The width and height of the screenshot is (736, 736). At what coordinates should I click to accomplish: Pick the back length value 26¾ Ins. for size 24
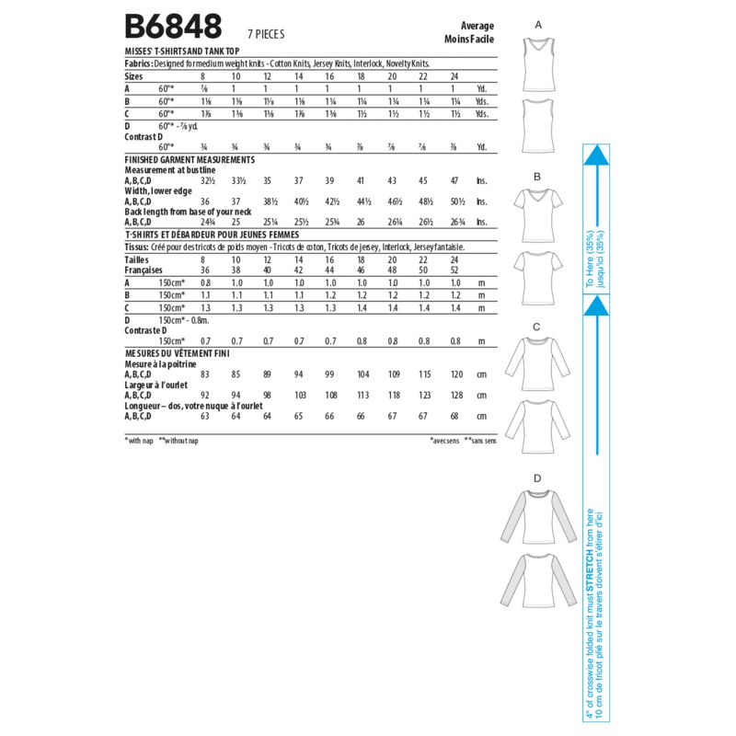(x=455, y=221)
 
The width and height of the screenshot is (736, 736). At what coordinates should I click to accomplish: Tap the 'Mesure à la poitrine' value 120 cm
(x=455, y=374)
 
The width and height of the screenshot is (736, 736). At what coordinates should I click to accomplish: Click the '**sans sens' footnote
(x=479, y=442)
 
